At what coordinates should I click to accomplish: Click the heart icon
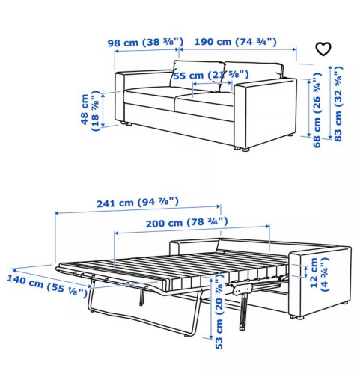tap(323, 49)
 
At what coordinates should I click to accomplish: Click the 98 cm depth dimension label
tap(145, 43)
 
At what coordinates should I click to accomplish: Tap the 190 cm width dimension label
tap(236, 42)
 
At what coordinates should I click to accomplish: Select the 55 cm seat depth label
tap(211, 75)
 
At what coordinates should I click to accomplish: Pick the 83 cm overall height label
tap(338, 104)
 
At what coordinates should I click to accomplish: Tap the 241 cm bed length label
tap(138, 203)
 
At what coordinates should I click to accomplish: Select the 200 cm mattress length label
tap(187, 222)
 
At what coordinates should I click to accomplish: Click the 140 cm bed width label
tap(47, 286)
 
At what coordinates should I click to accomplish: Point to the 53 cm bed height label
tap(219, 312)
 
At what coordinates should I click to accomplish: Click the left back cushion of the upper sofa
tap(197, 75)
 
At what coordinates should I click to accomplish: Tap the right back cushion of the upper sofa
tap(252, 75)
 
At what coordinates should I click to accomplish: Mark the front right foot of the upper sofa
tap(245, 150)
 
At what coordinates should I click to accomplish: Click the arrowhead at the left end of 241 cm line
tap(57, 213)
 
